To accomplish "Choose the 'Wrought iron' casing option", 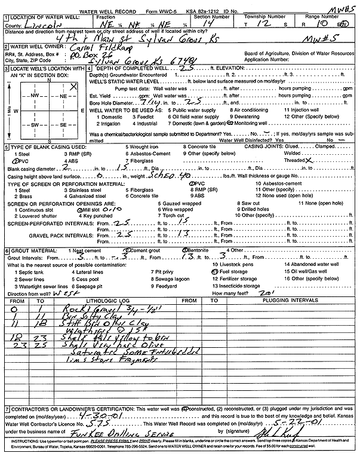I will [144, 146].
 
